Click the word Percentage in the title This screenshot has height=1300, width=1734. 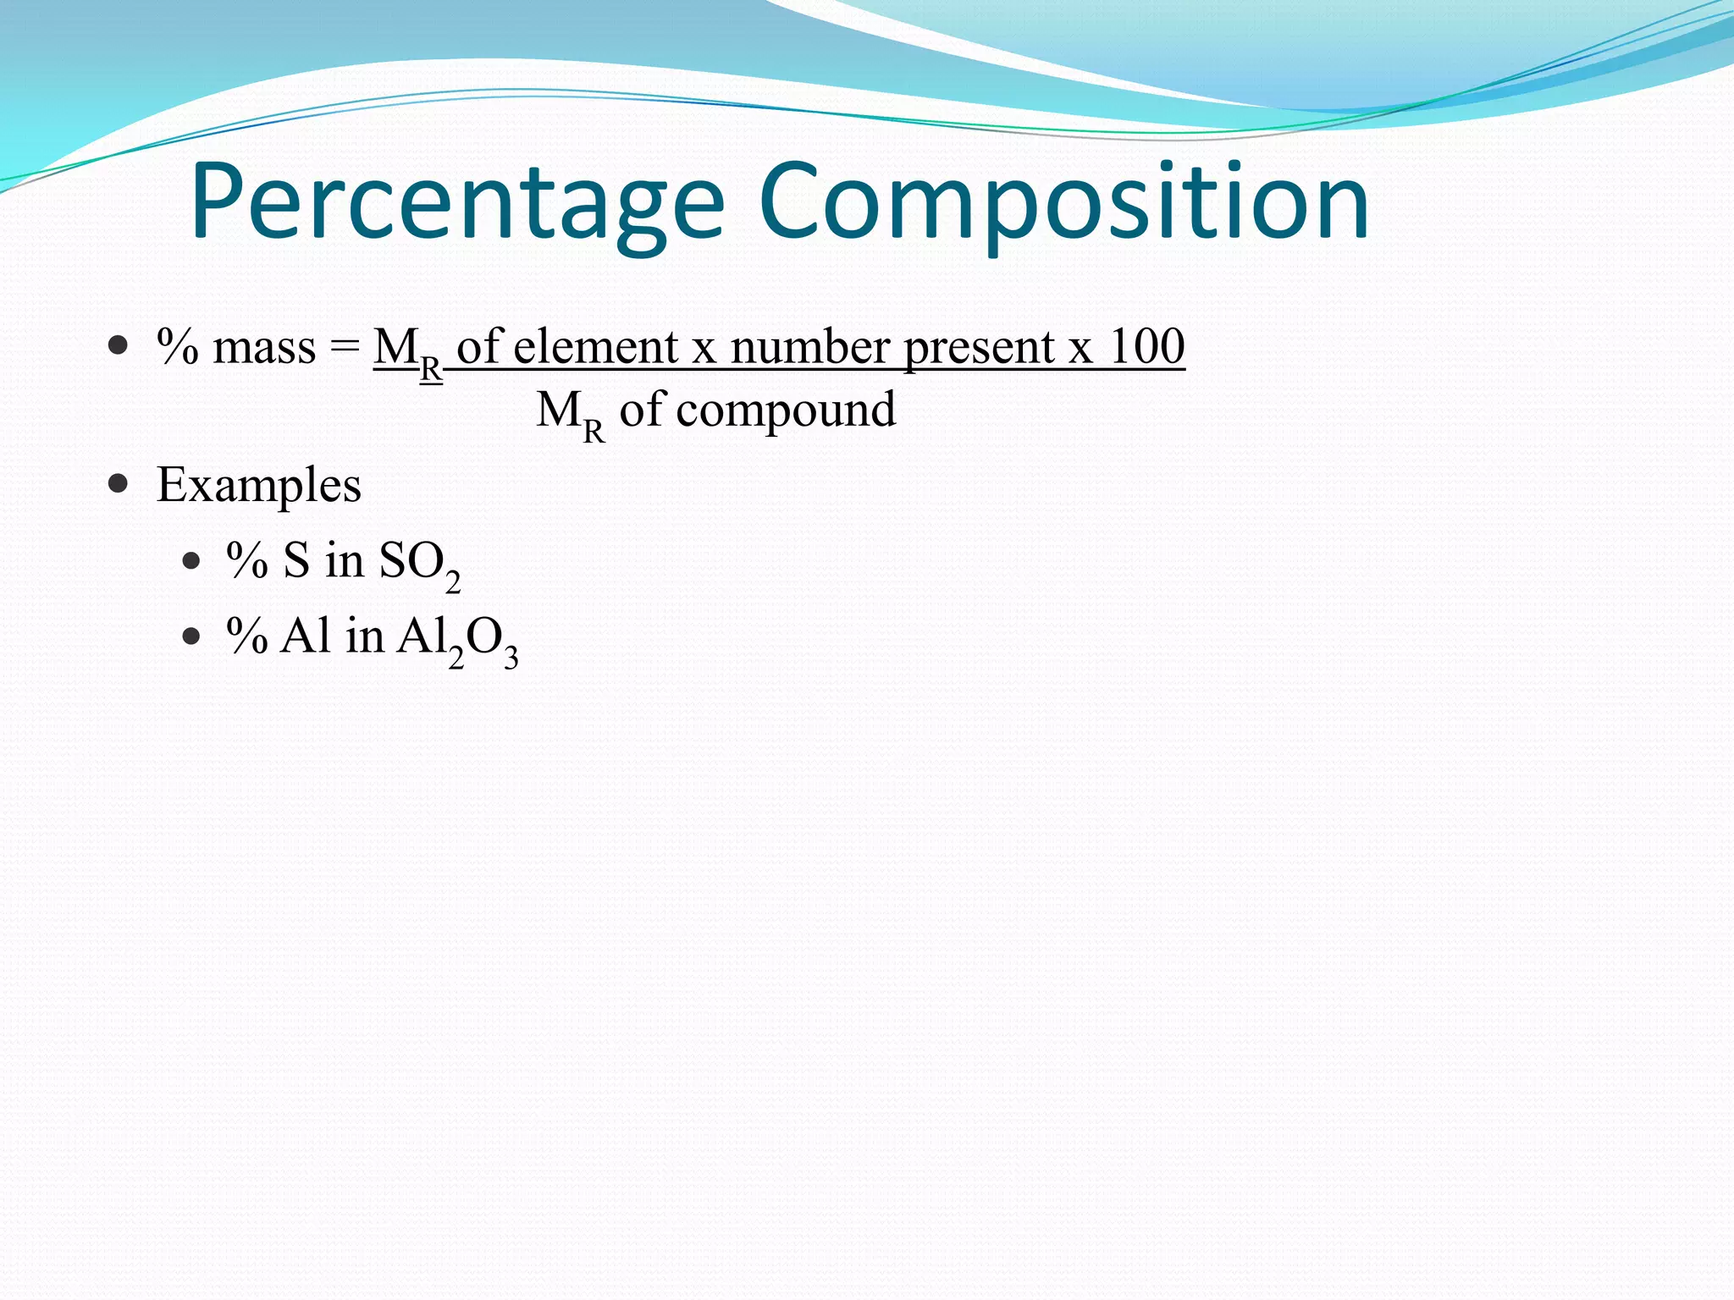(457, 203)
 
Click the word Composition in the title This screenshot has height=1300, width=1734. (1063, 203)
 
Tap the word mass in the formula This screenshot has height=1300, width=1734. (263, 348)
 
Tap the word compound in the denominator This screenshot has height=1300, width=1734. (786, 411)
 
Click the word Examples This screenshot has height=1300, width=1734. (259, 486)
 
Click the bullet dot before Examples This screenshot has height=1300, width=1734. (119, 484)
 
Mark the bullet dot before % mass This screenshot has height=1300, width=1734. (119, 345)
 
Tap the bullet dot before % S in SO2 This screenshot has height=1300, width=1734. (191, 560)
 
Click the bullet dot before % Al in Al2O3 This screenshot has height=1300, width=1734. (191, 636)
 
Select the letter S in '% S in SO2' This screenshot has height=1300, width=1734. (296, 560)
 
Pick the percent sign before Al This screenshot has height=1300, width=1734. (247, 636)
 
